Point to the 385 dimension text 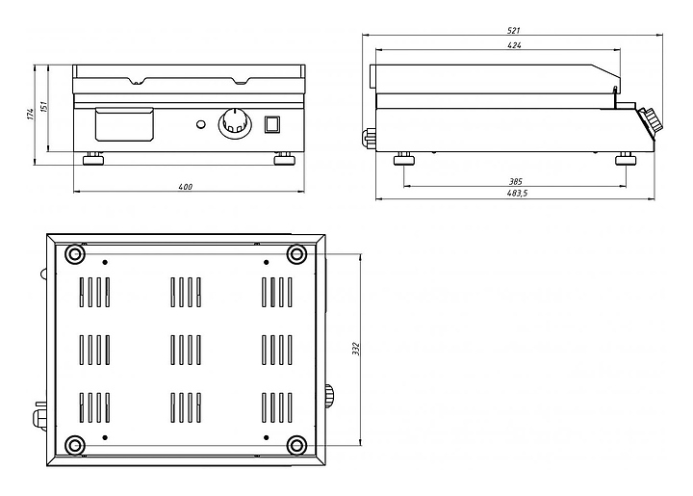(517, 180)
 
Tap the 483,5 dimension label (516, 194)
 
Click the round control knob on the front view (234, 123)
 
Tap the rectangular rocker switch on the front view (271, 124)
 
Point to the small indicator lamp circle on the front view (200, 124)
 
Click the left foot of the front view (94, 159)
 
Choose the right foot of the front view (283, 159)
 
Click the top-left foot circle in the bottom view (74, 254)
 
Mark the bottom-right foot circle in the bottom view (296, 444)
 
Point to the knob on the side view (652, 122)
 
